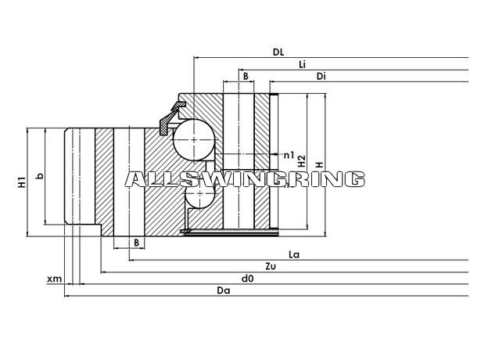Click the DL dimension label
pos(278,52)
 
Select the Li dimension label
pos(302,64)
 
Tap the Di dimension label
pos(321,76)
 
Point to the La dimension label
pos(294,255)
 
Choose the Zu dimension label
pos(271,267)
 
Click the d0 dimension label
pos(247,279)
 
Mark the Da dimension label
pos(224,290)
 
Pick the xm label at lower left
pos(55,279)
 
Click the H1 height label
pos(21,182)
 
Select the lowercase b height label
pos(40,176)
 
